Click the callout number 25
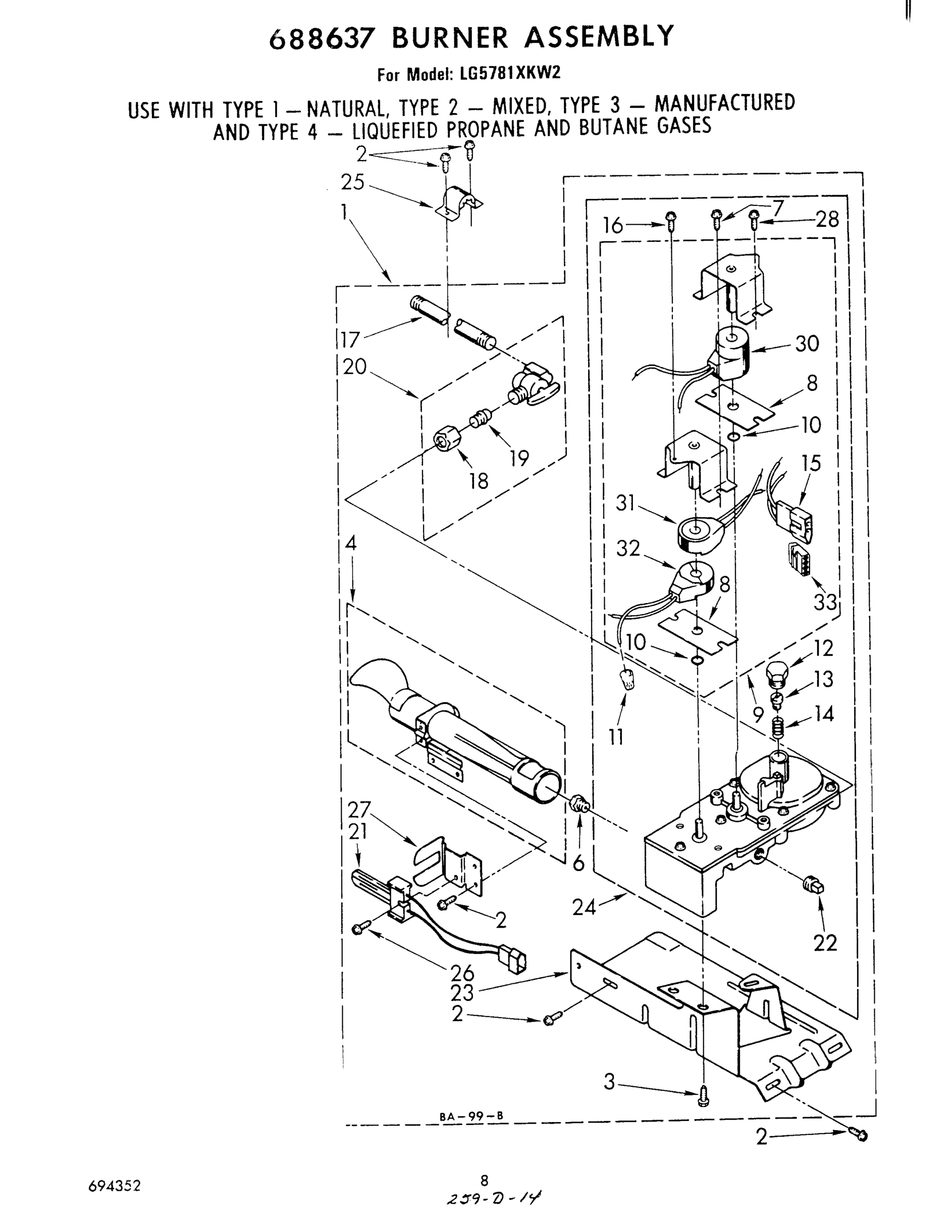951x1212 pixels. point(352,182)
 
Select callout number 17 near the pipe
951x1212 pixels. point(351,339)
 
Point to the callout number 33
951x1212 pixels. point(825,601)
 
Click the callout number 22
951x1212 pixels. point(825,943)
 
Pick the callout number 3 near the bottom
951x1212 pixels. point(610,1082)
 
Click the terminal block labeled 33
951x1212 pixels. point(799,559)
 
